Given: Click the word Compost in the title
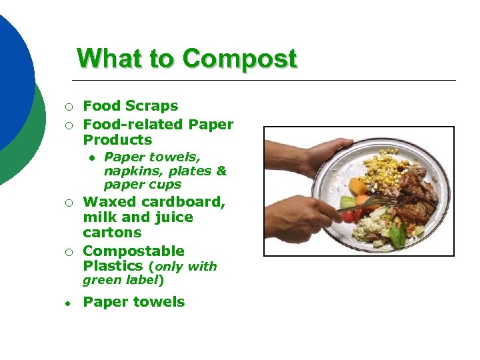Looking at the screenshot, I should pyautogui.click(x=239, y=59).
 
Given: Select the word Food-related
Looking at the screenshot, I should pyautogui.click(x=133, y=125).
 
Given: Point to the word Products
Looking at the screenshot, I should pyautogui.click(x=117, y=140).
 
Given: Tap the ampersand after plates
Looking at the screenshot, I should pyautogui.click(x=221, y=171).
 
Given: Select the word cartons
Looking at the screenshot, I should pyautogui.click(x=112, y=233).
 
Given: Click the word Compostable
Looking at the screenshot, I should pyautogui.click(x=133, y=251).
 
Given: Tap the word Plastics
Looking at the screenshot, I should pyautogui.click(x=113, y=267).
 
